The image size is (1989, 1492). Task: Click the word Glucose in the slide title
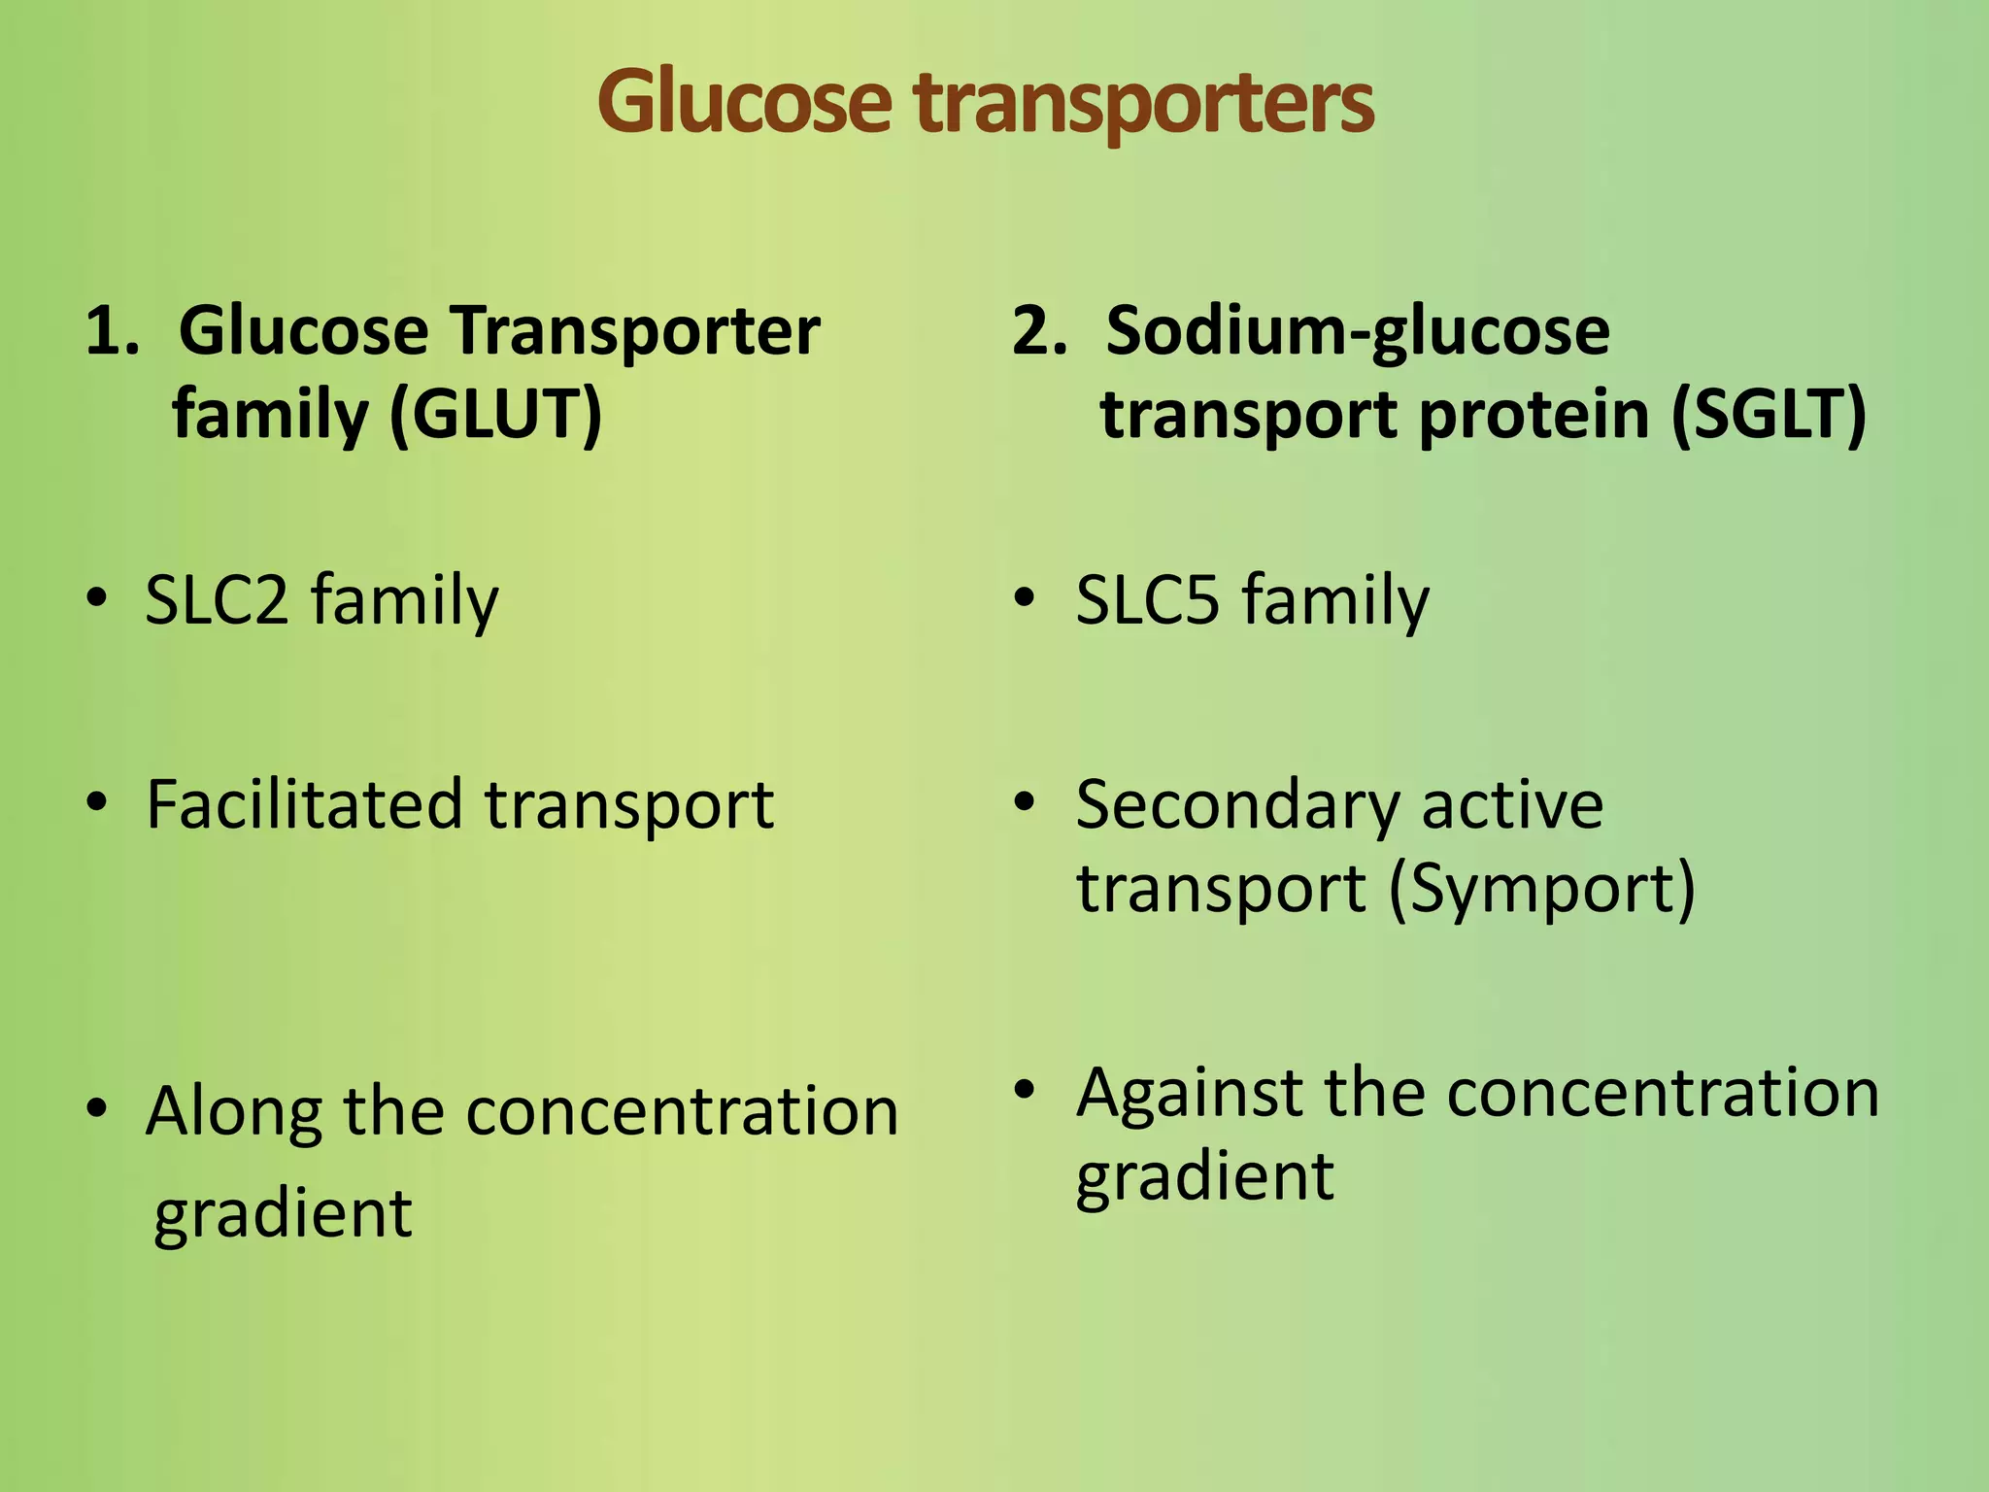tap(744, 102)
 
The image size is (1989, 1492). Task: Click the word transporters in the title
tap(1144, 105)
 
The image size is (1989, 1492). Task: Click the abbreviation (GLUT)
tap(495, 415)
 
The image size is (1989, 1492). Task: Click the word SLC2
tap(217, 599)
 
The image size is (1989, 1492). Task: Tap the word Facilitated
tap(304, 804)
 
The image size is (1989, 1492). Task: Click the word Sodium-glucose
tap(1358, 331)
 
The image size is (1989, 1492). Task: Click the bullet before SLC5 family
tap(1025, 599)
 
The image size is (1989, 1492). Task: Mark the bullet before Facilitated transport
tap(95, 804)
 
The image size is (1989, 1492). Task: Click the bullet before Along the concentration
tap(95, 1110)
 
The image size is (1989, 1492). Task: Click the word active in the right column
tap(1512, 804)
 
